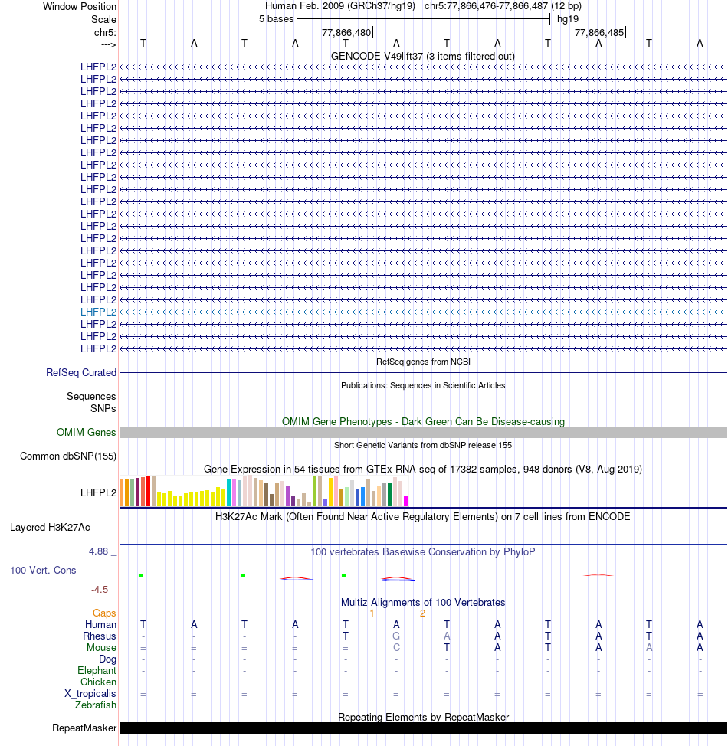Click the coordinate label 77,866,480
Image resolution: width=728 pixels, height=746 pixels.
pyautogui.click(x=346, y=32)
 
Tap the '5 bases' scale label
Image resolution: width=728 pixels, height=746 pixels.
pyautogui.click(x=276, y=18)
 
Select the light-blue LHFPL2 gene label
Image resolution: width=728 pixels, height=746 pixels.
pyautogui.click(x=98, y=312)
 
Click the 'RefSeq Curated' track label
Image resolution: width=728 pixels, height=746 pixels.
pyautogui.click(x=81, y=373)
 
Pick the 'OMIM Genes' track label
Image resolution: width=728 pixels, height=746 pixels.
pyautogui.click(x=87, y=433)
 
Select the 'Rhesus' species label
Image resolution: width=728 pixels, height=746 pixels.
pyautogui.click(x=100, y=636)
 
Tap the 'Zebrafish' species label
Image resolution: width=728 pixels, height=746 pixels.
pyautogui.click(x=96, y=705)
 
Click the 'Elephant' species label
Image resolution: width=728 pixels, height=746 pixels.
pyautogui.click(x=97, y=671)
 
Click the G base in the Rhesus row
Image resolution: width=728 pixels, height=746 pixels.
pyautogui.click(x=396, y=636)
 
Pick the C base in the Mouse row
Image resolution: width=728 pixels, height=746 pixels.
pyautogui.click(x=396, y=648)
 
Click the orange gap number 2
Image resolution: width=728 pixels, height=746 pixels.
pyautogui.click(x=422, y=613)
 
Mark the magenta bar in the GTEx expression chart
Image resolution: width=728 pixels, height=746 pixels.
pyautogui.click(x=406, y=500)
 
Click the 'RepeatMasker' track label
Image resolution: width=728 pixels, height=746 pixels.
pyautogui.click(x=84, y=728)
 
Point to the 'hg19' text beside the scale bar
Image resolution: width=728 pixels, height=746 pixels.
pyautogui.click(x=568, y=18)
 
